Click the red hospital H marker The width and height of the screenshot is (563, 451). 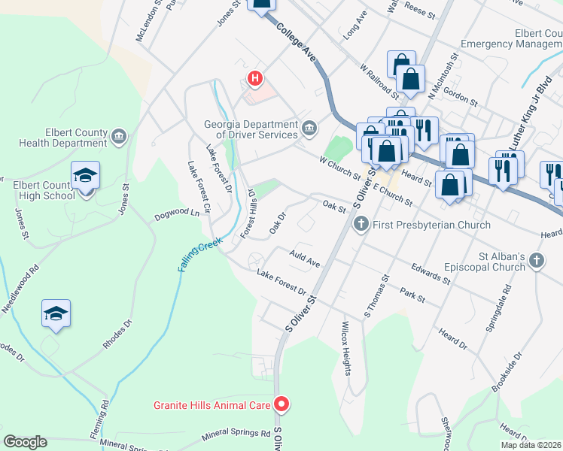pos(256,77)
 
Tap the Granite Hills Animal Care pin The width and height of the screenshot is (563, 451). pos(281,405)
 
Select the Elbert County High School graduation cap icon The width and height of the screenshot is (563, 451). pos(85,177)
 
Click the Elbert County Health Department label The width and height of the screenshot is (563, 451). pos(64,137)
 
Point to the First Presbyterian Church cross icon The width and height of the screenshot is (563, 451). pos(361,224)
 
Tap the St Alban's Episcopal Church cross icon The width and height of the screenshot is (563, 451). pos(536,261)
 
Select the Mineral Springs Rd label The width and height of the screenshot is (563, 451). pos(236,435)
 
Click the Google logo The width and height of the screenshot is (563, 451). pos(25,442)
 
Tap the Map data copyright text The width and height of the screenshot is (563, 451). pos(531,445)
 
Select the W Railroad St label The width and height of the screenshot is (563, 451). pos(379,80)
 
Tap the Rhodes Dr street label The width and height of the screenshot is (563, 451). pos(117,335)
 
